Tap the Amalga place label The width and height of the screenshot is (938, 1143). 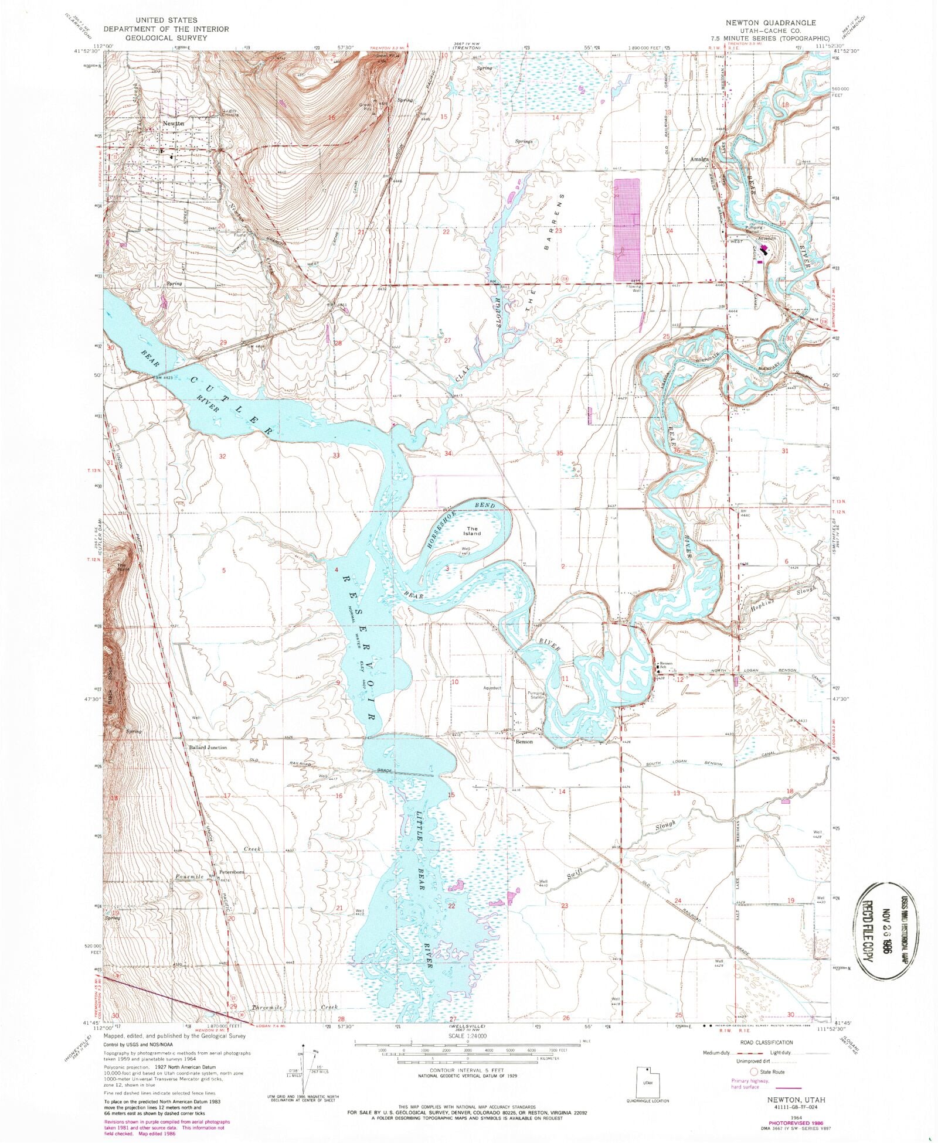tap(699, 159)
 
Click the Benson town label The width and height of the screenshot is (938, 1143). tap(524, 742)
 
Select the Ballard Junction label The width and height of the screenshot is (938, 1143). tap(208, 748)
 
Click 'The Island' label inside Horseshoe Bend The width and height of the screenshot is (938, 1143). tap(473, 531)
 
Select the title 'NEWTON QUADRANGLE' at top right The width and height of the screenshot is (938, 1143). tap(778, 23)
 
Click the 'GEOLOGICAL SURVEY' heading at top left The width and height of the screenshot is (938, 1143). tap(166, 37)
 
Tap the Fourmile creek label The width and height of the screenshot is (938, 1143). tap(189, 877)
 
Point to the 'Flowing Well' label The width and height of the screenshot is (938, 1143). tap(633, 288)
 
